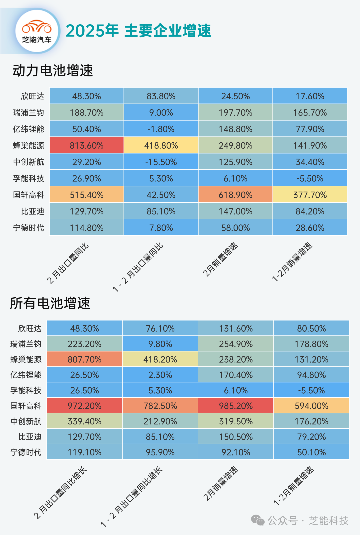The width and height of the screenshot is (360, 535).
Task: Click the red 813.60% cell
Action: click(87, 145)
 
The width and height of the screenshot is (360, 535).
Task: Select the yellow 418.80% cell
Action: click(161, 145)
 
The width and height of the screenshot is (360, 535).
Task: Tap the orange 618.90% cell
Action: click(235, 195)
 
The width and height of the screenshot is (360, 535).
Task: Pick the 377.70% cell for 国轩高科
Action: click(310, 195)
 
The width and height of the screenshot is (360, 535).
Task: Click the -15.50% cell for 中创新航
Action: click(161, 162)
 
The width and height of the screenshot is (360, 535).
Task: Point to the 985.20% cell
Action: click(236, 406)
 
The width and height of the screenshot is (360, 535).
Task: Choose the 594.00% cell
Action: click(311, 406)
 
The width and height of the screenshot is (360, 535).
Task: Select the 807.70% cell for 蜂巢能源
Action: click(84, 359)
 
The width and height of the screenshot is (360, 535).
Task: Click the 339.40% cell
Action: click(84, 421)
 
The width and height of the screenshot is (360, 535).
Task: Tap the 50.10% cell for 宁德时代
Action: click(311, 452)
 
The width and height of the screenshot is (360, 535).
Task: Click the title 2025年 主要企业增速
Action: click(138, 31)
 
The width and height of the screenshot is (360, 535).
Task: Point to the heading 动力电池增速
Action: click(53, 71)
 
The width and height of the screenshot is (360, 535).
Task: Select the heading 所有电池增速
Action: click(50, 303)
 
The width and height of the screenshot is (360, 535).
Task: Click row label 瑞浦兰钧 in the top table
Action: click(28, 113)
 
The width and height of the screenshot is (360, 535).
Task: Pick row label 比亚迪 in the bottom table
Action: click(30, 437)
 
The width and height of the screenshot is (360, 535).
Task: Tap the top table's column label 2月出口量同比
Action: click(68, 263)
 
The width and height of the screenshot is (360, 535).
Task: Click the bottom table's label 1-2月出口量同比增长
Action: click(132, 497)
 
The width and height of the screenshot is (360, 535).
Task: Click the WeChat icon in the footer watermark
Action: click(258, 520)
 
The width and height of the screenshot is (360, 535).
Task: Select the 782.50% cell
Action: click(160, 406)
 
